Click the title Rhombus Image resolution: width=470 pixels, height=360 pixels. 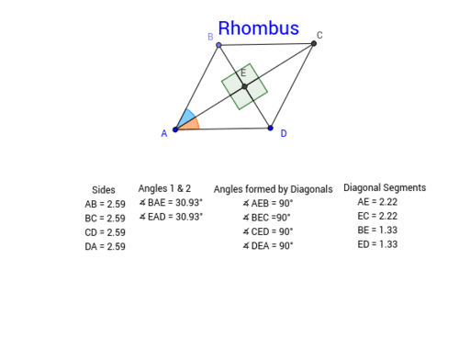[x=258, y=28]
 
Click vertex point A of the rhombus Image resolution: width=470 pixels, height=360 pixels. [x=175, y=129]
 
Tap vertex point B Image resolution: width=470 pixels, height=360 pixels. [x=218, y=44]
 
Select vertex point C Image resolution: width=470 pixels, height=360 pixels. [x=314, y=43]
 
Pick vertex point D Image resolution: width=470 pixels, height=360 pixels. [x=270, y=128]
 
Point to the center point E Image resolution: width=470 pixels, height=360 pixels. [x=244, y=86]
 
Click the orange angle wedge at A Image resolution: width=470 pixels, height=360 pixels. [x=190, y=125]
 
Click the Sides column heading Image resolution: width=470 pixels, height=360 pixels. [x=104, y=190]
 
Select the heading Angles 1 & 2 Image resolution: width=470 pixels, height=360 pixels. [x=163, y=188]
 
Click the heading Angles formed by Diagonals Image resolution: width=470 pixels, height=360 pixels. [x=273, y=189]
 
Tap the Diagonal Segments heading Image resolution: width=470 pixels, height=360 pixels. [x=385, y=188]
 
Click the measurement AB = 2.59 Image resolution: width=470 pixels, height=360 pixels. [x=104, y=204]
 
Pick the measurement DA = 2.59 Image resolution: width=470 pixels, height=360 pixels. [x=104, y=246]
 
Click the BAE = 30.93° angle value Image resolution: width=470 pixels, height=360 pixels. [x=171, y=203]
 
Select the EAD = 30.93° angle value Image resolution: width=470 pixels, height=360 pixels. [x=171, y=217]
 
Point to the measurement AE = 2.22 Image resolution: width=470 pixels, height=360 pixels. [x=377, y=202]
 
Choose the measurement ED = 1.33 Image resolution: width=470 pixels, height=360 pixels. [x=377, y=244]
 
